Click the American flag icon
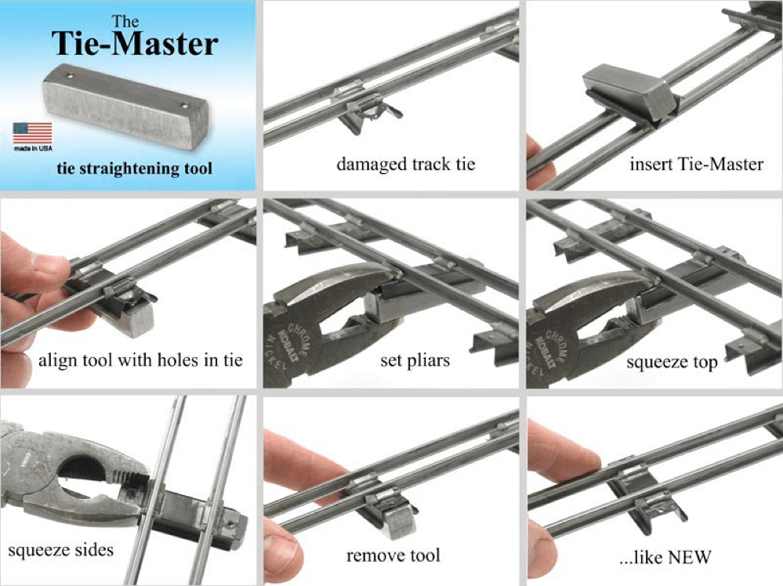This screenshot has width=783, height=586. (32, 133)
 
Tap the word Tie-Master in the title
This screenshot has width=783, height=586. (135, 43)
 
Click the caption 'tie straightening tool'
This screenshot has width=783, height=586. (134, 168)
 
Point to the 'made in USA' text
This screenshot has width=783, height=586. (33, 148)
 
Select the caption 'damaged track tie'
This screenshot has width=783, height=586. (405, 164)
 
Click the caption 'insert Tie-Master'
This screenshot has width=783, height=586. (696, 164)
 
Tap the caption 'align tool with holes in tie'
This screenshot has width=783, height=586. (140, 360)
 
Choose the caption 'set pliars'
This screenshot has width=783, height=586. (415, 360)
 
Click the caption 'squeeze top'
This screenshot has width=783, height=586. (672, 362)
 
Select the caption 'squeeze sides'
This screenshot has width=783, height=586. (60, 549)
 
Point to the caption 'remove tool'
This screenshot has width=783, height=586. (393, 555)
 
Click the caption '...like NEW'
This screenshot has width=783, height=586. (665, 556)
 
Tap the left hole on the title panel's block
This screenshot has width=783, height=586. (70, 76)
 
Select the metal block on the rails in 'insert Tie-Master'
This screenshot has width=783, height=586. (630, 94)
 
